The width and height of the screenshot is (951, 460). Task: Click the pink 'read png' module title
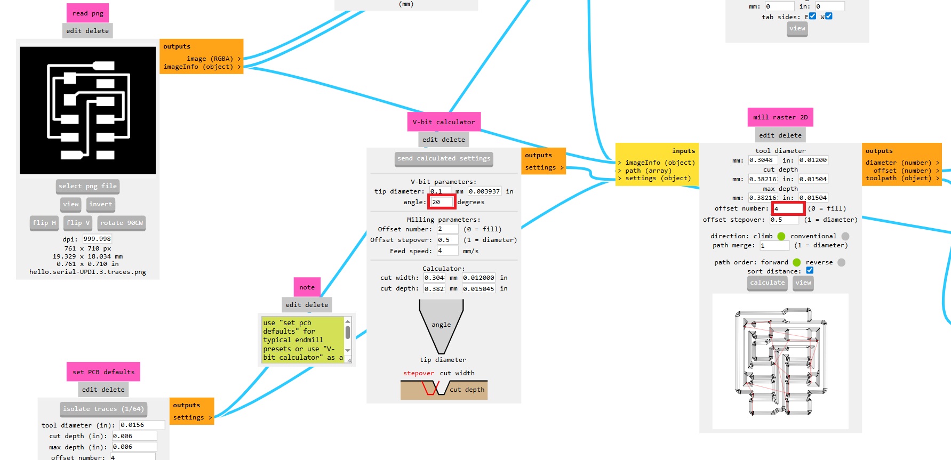[x=88, y=13]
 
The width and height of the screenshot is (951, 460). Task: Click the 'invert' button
[x=100, y=204]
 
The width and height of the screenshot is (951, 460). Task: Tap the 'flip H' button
[x=44, y=223]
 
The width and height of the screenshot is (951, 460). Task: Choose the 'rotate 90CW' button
[x=122, y=223]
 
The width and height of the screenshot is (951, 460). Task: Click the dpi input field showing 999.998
[x=97, y=239]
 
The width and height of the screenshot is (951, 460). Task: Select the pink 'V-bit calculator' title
[x=443, y=122]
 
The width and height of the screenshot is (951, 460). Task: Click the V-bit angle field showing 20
[x=442, y=202]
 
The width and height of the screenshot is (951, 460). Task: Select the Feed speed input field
[x=447, y=251]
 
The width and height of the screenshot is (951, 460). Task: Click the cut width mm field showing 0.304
[x=434, y=278]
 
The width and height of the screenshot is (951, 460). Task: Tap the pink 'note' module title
[x=307, y=287]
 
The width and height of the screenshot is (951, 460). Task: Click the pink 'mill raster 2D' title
[x=780, y=117]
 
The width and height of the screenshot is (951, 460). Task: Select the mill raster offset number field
[x=788, y=208]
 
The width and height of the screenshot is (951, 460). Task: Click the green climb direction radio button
[x=781, y=236]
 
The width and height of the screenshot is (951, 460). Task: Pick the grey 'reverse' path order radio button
[x=841, y=262]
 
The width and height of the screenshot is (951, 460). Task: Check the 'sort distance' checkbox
[x=810, y=271]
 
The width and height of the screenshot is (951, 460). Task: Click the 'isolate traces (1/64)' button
[x=103, y=409]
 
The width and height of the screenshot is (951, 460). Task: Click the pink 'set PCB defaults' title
[x=103, y=372]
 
